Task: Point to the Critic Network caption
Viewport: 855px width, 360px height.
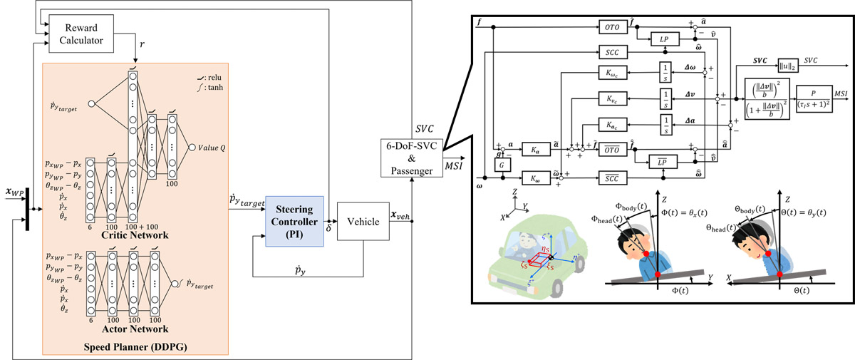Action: (130, 235)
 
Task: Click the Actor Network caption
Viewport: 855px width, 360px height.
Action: (130, 329)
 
